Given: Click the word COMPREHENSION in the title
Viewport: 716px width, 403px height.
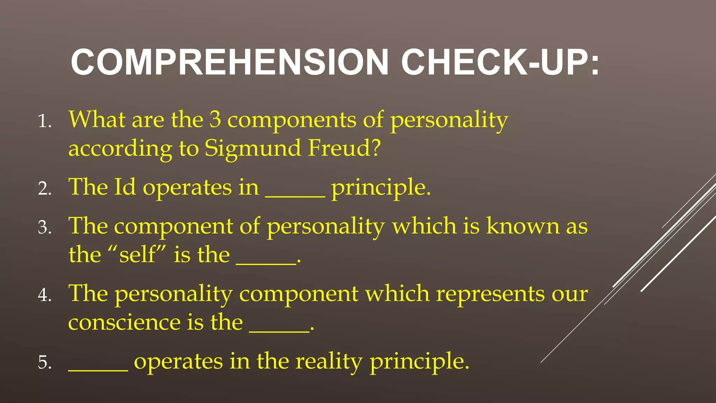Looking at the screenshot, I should [230, 62].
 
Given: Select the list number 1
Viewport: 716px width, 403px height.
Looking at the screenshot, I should [44, 121].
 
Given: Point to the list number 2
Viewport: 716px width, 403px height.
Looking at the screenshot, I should [44, 189].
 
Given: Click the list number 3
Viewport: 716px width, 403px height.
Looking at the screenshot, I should [44, 227].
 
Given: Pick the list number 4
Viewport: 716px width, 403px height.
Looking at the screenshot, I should [44, 295].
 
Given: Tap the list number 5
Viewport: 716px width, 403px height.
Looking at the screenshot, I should [44, 362].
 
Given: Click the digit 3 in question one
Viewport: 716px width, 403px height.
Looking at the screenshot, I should [215, 120].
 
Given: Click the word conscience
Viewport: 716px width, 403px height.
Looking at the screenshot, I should [124, 323].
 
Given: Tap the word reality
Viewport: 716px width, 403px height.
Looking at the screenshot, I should [329, 362].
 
